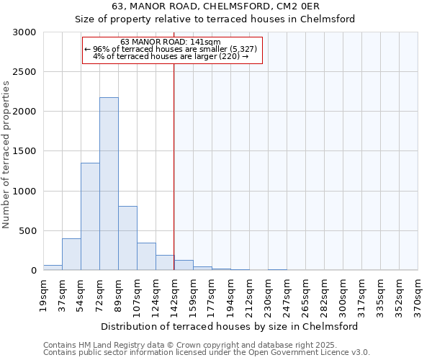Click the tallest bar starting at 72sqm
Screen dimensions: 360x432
[109, 184]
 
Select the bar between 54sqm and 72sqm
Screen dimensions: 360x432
[90, 216]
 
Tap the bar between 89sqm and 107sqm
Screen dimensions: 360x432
[127, 238]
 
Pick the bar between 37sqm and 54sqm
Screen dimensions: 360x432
[71, 254]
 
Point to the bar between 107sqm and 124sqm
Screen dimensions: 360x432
[146, 256]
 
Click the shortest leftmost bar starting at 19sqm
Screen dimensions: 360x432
[53, 267]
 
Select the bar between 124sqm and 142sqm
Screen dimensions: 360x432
[165, 263]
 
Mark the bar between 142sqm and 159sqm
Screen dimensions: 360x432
[184, 265]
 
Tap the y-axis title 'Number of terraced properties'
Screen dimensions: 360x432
[6, 155]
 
